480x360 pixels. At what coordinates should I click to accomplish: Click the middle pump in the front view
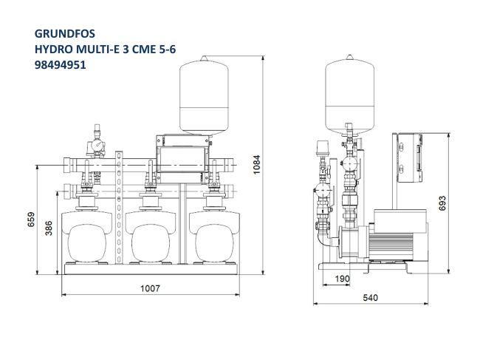[151, 237]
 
